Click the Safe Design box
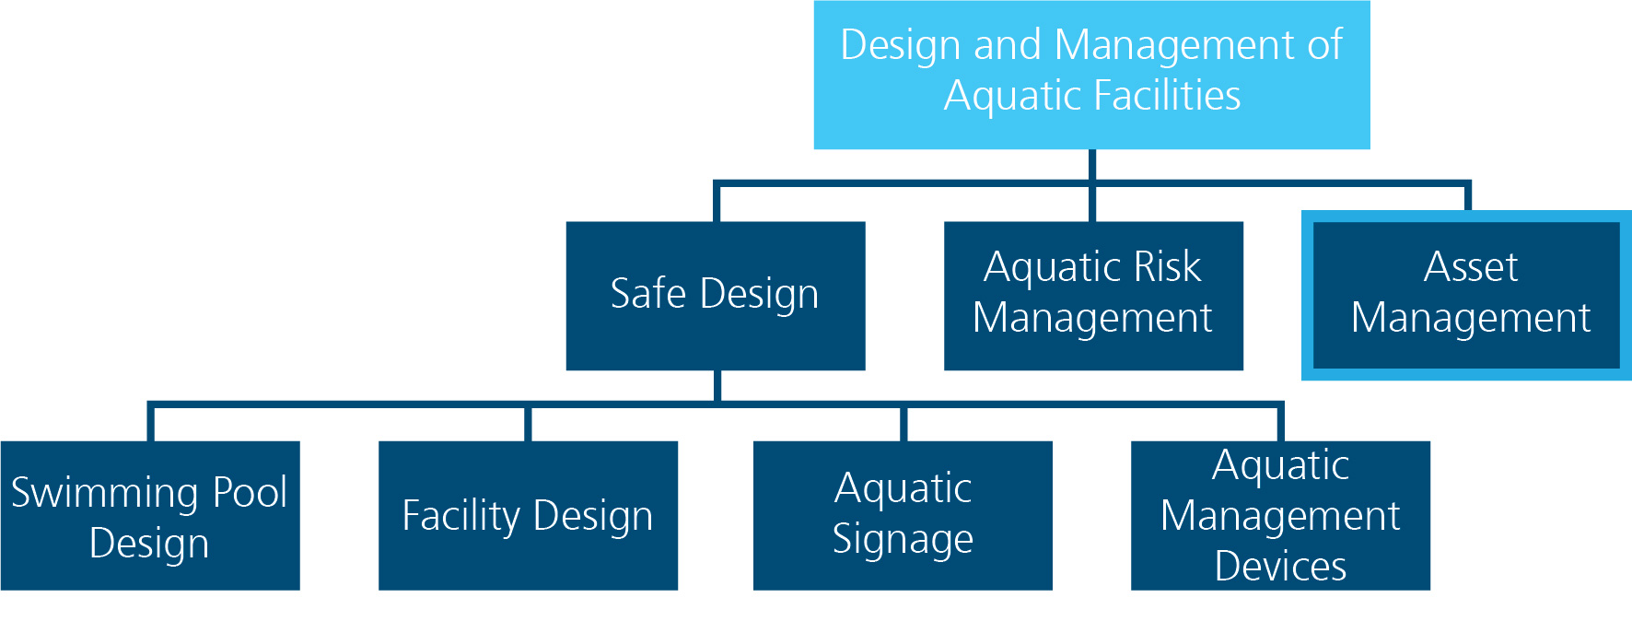coord(716,296)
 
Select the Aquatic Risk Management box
coord(1093,296)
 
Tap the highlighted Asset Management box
coord(1466,296)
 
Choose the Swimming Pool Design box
coord(150,516)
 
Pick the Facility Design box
coord(528,516)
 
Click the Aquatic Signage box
coord(903,516)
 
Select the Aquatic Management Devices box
coord(1280,516)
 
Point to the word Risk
coord(1167,267)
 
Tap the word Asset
coord(1471,267)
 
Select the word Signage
coord(903,540)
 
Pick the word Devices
coord(1280,566)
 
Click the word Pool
coord(251,493)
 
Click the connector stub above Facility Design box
coord(528,424)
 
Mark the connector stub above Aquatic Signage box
coord(903,424)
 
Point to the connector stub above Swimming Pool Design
coord(151,423)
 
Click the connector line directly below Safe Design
coord(717,386)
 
